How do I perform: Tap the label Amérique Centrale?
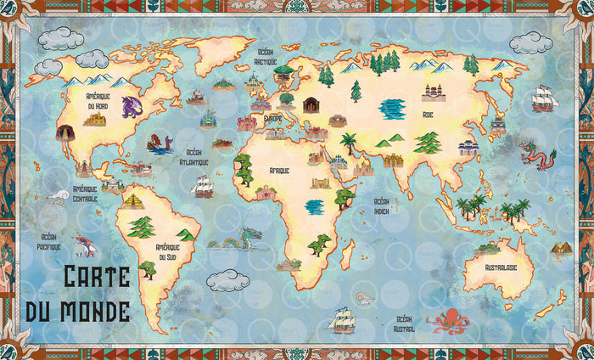(x=85, y=194)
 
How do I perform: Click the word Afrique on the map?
(x=279, y=171)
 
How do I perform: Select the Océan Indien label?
(x=382, y=205)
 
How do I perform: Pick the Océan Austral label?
(x=404, y=323)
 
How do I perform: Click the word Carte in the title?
(x=97, y=277)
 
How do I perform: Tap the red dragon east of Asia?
(x=537, y=155)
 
